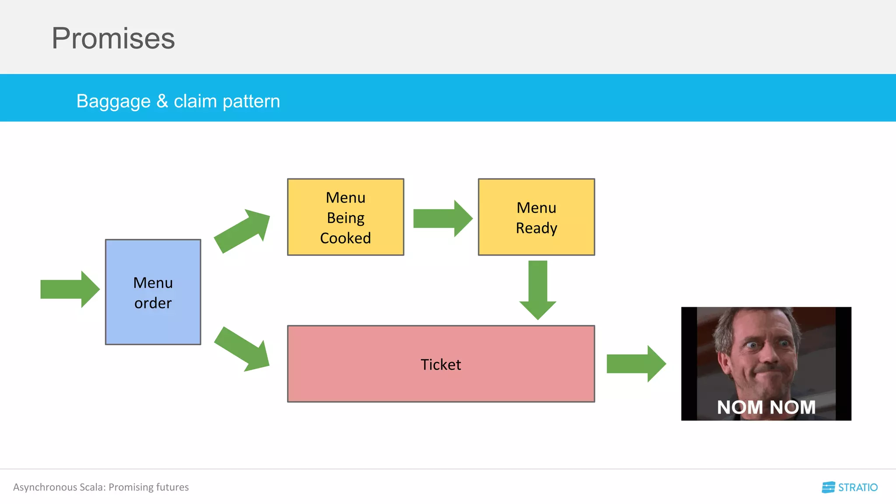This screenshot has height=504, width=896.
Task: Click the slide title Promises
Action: [113, 38]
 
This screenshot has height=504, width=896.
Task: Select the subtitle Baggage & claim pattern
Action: [178, 101]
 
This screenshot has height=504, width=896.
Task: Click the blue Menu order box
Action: [153, 292]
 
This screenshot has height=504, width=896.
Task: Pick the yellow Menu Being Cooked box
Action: [346, 217]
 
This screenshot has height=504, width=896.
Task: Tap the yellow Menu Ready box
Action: [536, 217]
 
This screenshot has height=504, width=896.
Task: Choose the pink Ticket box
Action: [441, 364]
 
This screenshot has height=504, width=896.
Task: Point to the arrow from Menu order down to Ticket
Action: [243, 350]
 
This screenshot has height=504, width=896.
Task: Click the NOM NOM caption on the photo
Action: [766, 407]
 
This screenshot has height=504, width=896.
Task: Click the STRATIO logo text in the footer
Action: [857, 487]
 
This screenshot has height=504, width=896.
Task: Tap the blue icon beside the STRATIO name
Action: [828, 487]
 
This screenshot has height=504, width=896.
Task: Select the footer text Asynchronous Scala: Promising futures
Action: [101, 487]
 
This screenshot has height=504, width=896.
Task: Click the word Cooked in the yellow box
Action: [346, 238]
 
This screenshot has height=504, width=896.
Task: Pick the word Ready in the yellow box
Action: [536, 228]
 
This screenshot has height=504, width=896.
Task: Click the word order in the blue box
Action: [153, 303]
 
